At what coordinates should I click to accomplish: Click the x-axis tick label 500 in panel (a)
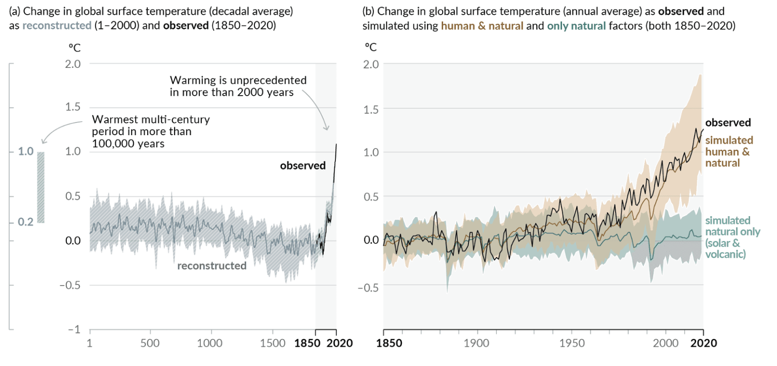(x=150, y=343)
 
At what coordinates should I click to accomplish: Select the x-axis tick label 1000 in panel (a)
(x=211, y=343)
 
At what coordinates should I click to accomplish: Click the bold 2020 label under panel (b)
(x=703, y=343)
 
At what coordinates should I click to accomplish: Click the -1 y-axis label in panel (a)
(x=75, y=330)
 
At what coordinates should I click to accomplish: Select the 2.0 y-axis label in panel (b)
(x=371, y=64)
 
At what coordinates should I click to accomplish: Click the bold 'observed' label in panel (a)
(x=303, y=166)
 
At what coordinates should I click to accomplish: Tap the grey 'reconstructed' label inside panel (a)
(x=211, y=265)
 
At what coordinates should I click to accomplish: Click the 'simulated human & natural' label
(x=729, y=151)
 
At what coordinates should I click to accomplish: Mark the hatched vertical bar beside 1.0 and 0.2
(x=41, y=187)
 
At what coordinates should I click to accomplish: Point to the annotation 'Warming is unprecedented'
(x=238, y=80)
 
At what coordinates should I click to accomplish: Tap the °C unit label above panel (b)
(x=371, y=48)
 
